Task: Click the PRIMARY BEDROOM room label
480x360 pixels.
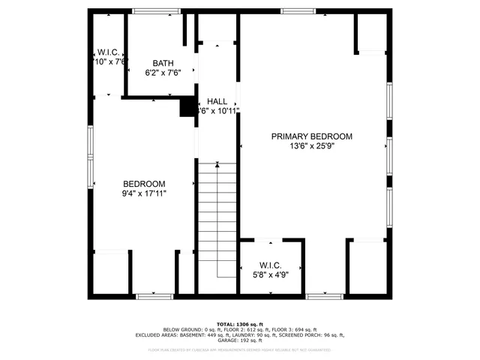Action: [x=311, y=136]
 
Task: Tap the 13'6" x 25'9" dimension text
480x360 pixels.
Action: [x=311, y=146]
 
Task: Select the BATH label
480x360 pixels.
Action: [x=163, y=63]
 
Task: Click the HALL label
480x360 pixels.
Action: [x=217, y=101]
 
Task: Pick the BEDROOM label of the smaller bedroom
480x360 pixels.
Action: [x=144, y=184]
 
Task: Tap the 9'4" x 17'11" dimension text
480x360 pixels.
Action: [x=144, y=193]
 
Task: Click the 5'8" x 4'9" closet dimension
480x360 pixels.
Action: [x=270, y=274]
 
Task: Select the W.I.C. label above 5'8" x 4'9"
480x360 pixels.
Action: [x=270, y=265]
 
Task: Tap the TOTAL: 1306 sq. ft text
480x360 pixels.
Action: [x=239, y=323]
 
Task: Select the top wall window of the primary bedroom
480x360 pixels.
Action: [x=297, y=11]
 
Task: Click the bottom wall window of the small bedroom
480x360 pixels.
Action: [x=154, y=297]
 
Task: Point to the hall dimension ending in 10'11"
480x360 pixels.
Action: [x=218, y=111]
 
